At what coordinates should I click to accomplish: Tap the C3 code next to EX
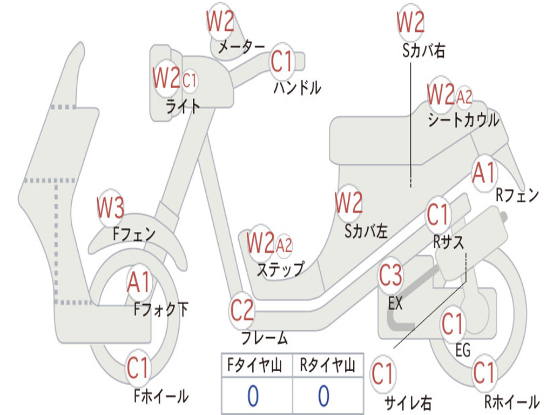click(x=390, y=276)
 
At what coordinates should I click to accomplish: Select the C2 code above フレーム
click(x=242, y=311)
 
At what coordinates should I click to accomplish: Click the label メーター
click(x=241, y=48)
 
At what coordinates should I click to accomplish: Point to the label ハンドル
click(x=297, y=88)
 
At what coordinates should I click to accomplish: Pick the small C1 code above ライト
click(x=190, y=81)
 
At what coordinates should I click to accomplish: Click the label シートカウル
click(x=463, y=120)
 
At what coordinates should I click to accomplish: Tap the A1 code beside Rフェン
click(x=484, y=174)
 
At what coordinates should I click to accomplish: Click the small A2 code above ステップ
click(x=284, y=246)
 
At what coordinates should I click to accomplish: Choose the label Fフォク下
click(x=161, y=310)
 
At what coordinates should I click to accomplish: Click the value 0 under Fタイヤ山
click(x=253, y=396)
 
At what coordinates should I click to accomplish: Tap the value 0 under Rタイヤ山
click(x=323, y=396)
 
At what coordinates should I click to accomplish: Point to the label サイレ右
click(x=408, y=403)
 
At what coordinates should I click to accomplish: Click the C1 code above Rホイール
click(x=484, y=373)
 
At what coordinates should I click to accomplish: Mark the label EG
click(x=463, y=351)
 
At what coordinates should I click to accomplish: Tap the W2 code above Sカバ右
click(x=410, y=23)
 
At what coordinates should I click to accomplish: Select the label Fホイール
click(x=161, y=396)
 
